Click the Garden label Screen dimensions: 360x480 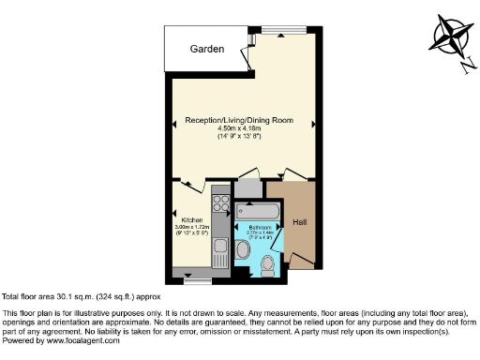207,50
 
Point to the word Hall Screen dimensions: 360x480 300,222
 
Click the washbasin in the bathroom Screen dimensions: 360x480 242,249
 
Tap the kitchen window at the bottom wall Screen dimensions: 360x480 198,278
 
